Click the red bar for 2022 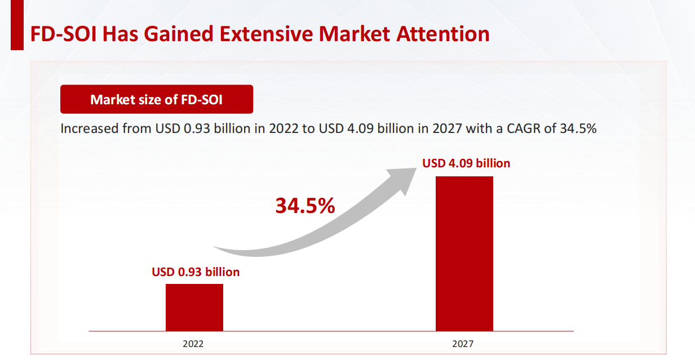click(194, 307)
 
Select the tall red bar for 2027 click(464, 254)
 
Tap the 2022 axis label click(193, 344)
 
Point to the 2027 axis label click(463, 344)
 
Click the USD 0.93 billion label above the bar click(196, 272)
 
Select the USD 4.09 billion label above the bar click(466, 163)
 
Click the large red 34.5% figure click(305, 206)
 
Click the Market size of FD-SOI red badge click(157, 100)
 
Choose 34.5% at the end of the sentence click(578, 128)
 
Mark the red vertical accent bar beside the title click(17, 25)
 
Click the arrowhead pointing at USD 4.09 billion click(406, 177)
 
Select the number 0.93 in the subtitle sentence click(197, 128)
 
